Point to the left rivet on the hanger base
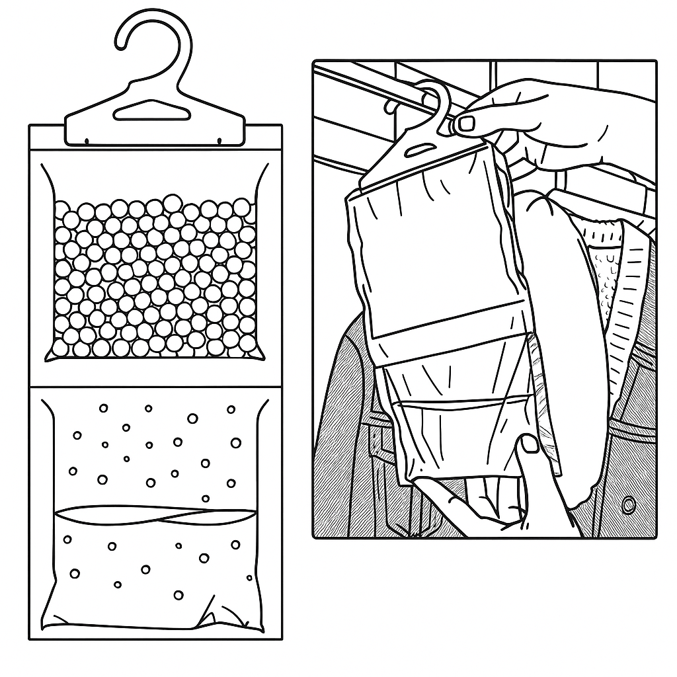point(87,139)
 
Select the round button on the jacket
point(628,505)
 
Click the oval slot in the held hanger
point(413,151)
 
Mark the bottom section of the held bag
point(463,436)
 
